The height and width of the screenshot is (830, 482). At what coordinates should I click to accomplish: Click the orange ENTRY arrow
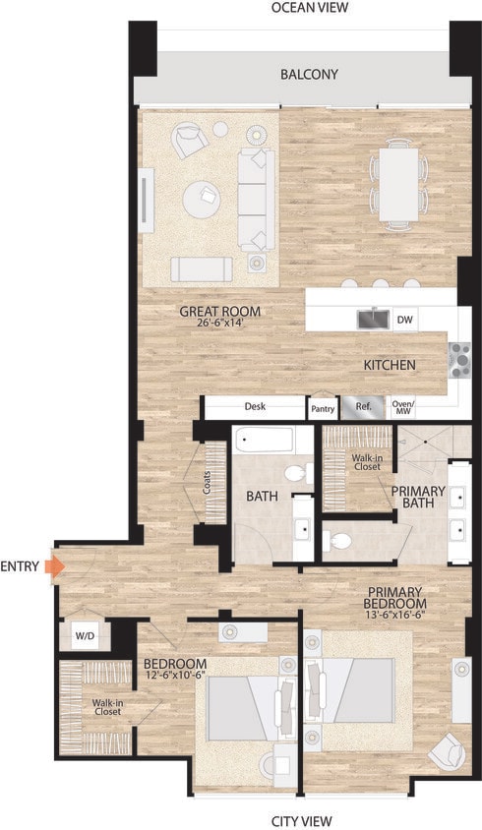(55, 566)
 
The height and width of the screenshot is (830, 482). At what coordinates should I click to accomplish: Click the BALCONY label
(309, 75)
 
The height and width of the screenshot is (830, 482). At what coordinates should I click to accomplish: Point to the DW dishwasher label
(404, 319)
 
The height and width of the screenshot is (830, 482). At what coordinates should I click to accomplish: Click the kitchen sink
(372, 319)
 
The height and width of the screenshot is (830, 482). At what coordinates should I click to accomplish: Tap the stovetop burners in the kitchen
(459, 360)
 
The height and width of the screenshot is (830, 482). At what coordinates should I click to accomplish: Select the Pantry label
(322, 407)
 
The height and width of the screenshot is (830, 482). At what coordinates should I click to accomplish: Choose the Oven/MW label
(404, 407)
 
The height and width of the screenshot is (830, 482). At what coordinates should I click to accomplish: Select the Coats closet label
(208, 483)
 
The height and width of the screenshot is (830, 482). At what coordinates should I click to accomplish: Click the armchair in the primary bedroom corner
(445, 751)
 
